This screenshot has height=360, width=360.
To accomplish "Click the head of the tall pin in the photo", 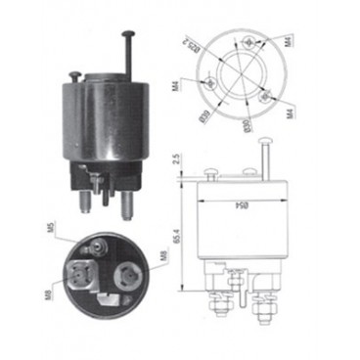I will click(128, 32).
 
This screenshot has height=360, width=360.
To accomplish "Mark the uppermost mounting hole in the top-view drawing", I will click(253, 41).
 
